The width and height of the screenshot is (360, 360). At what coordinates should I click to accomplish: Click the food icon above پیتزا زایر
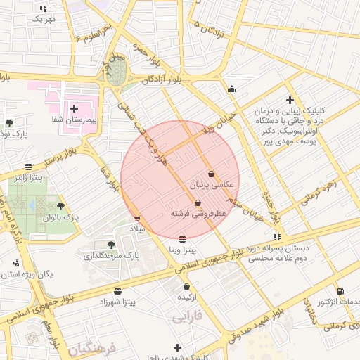coord(27,167)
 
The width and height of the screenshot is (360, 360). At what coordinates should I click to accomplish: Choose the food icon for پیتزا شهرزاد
coord(117,290)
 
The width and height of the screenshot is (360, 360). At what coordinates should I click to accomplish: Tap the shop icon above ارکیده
coord(186,286)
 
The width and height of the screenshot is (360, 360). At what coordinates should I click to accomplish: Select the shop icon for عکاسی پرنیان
coord(212,174)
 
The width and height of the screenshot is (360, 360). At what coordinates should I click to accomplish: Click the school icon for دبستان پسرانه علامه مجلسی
coord(277,236)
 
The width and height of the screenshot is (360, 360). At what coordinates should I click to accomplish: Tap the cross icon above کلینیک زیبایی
coord(290,101)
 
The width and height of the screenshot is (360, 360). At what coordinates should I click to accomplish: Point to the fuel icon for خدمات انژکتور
coord(341,291)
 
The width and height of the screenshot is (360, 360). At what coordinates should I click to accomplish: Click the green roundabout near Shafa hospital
coord(117,72)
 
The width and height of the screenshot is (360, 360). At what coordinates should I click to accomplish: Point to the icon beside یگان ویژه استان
coord(15,263)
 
